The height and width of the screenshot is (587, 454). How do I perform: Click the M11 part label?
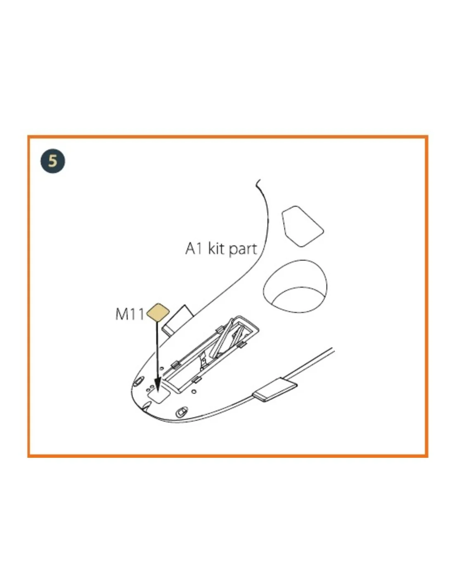click(130, 314)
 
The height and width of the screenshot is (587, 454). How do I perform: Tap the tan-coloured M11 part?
click(158, 312)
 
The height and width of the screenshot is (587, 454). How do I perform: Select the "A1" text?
click(194, 249)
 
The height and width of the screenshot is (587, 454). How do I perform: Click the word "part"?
click(243, 249)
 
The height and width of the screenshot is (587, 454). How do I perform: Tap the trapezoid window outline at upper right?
click(303, 226)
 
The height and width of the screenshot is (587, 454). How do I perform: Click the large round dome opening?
click(295, 286)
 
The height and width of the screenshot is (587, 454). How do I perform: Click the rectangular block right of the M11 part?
click(177, 320)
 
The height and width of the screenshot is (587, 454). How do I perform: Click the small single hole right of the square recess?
click(194, 391)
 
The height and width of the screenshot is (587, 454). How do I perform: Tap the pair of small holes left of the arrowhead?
click(150, 388)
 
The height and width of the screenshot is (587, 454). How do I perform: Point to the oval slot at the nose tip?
click(138, 381)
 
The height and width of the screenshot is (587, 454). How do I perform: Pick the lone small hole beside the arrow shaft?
click(161, 368)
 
